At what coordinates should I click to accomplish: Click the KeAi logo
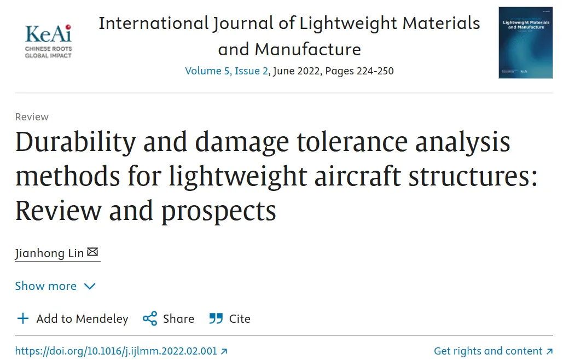(x=48, y=40)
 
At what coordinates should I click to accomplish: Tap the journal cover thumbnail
(x=525, y=43)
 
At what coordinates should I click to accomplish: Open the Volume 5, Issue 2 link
(x=227, y=71)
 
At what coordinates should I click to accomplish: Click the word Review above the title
(x=32, y=117)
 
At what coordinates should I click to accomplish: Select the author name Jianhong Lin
(x=50, y=253)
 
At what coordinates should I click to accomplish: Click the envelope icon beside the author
(x=92, y=252)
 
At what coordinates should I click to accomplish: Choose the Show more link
(x=46, y=286)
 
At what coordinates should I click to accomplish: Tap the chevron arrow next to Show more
(x=90, y=287)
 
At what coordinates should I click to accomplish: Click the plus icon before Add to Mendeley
(x=22, y=319)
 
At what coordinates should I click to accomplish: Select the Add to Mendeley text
(x=82, y=319)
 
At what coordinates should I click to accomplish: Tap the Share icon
(x=150, y=319)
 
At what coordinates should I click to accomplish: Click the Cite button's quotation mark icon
(x=216, y=319)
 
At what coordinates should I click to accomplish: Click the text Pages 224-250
(x=359, y=71)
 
